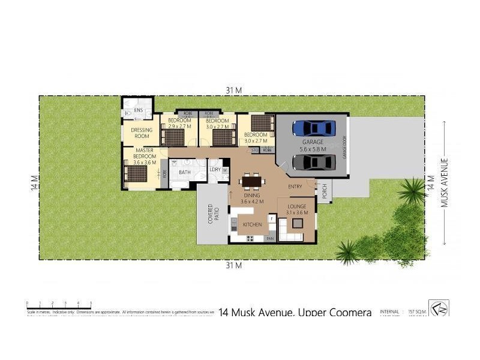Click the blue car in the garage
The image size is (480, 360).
coord(313,128)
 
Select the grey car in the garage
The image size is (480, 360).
coord(313,162)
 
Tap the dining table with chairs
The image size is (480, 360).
coord(252,181)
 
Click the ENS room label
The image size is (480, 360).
coord(138,110)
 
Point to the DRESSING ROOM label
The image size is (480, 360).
coord(142,133)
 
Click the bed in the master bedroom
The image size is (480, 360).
coord(136,174)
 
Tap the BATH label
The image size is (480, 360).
coord(184,173)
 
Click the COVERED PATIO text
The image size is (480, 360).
coord(211,214)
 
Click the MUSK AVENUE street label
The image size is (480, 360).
coord(445,182)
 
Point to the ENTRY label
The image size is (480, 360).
coord(295,187)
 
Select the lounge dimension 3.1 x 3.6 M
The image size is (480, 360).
coord(296,212)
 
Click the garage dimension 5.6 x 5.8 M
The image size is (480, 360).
coord(313,149)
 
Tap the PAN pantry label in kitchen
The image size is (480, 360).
coord(269,238)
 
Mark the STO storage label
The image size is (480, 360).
coord(255,149)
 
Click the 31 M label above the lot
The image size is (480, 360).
coord(233,90)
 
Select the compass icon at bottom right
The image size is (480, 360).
coord(439,308)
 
